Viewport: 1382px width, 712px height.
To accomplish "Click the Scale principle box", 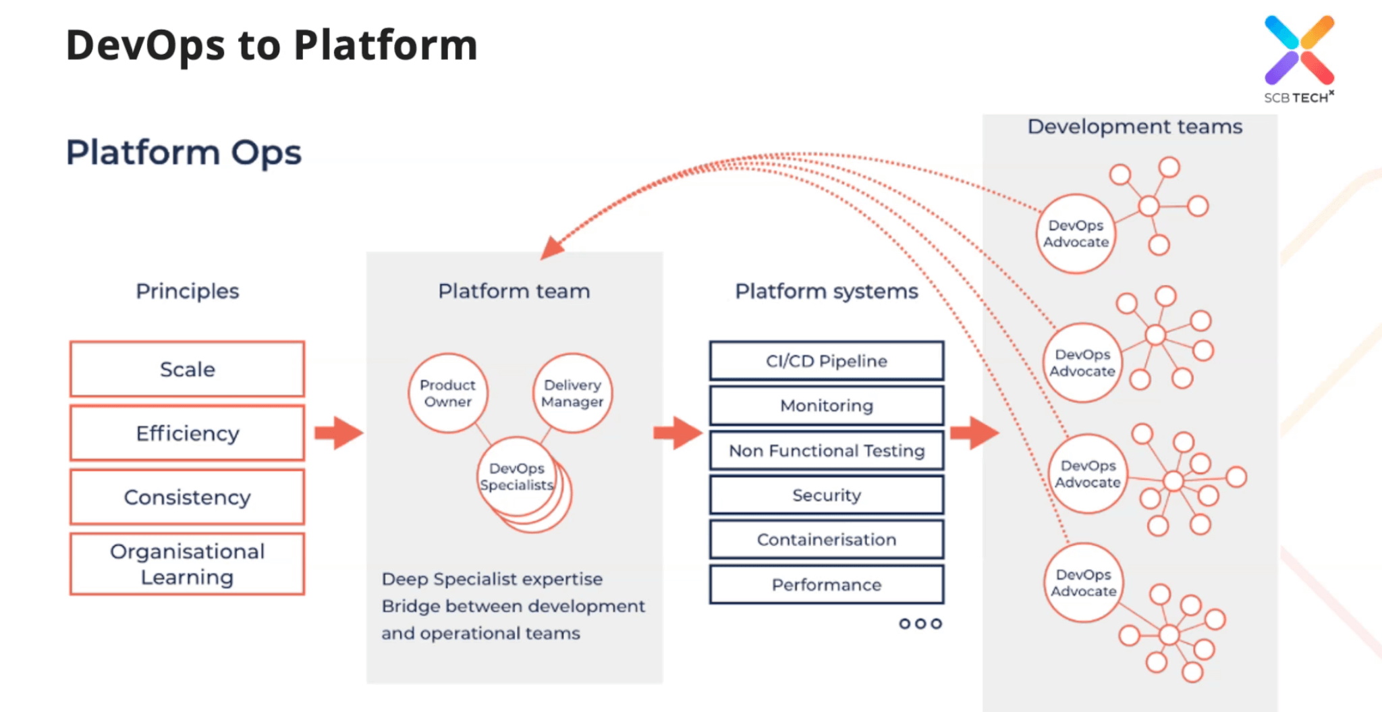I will tap(187, 369).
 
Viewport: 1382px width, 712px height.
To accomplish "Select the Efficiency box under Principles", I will tap(187, 433).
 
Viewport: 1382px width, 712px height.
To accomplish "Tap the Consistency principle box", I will tap(187, 497).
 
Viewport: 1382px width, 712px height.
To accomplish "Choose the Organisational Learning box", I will tap(187, 564).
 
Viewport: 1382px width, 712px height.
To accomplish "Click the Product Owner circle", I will tap(447, 393).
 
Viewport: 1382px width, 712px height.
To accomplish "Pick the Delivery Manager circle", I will tap(572, 393).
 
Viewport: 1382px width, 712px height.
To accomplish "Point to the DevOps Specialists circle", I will tap(517, 477).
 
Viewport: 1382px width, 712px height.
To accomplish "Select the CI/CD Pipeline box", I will tap(826, 361).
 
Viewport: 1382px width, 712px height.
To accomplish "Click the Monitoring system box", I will tap(826, 406).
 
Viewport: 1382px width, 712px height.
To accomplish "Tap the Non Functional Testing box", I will tap(826, 451).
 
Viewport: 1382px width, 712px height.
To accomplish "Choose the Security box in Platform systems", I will tap(826, 495).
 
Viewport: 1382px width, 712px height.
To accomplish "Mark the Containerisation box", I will tap(826, 540).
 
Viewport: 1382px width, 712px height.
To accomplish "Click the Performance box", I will tap(826, 584).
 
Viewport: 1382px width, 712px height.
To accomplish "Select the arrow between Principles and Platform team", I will tap(339, 433).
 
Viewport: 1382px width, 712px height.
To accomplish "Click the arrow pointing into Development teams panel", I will tap(974, 433).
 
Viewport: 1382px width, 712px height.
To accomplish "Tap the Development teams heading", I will tap(1134, 127).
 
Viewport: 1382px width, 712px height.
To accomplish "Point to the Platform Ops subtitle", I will tap(184, 153).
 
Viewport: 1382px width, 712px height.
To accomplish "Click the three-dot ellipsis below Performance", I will tap(920, 624).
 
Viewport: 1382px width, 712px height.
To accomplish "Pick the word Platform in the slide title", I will tap(385, 46).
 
